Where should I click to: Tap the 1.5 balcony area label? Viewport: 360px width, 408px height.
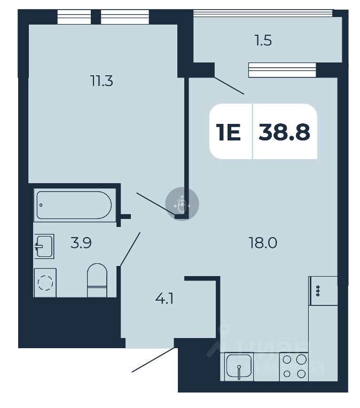coord(263,41)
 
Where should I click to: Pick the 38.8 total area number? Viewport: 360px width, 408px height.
coord(284,131)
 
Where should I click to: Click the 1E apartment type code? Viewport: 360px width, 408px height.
coord(229,131)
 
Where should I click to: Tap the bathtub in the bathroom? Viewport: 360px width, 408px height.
coord(73,205)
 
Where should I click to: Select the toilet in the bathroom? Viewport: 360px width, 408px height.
coord(97,280)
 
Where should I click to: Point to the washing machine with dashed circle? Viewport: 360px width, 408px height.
coord(46,281)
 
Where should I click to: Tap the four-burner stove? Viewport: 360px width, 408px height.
coord(294,367)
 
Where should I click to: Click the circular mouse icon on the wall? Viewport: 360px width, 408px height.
coord(182,204)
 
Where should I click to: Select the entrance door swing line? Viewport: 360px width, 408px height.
coord(153,360)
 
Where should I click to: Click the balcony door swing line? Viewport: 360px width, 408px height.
coord(229,86)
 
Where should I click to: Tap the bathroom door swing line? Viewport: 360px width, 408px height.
coord(130,249)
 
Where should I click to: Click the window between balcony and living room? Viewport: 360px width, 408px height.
coord(281,69)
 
